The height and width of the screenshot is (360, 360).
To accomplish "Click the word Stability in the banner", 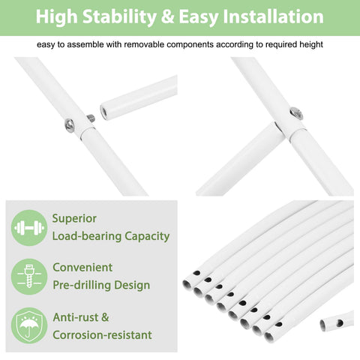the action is click(119, 17).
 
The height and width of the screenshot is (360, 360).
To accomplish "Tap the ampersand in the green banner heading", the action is click(167, 16).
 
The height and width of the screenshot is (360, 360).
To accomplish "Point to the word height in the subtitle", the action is click(311, 44).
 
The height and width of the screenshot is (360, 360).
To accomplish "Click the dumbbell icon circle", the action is click(29, 227).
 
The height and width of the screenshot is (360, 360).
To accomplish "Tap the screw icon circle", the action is click(29, 277).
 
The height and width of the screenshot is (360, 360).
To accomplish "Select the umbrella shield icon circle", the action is click(29, 325).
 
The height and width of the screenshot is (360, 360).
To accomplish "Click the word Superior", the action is click(74, 219).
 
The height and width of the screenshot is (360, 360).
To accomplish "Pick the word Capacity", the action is click(147, 236).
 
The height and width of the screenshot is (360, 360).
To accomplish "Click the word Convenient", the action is click(82, 268).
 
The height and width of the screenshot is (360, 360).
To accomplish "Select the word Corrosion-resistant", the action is click(102, 335).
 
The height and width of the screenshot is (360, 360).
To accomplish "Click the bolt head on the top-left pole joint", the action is click(70, 124).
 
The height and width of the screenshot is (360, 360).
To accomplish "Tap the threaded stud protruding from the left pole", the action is click(91, 118).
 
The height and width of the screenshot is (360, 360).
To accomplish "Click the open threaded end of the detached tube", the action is click(103, 112).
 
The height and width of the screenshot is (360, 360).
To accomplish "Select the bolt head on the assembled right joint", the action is click(296, 113).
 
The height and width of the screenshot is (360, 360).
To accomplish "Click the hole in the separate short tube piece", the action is click(340, 322).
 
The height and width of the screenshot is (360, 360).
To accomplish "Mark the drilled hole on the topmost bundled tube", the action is click(196, 273).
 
